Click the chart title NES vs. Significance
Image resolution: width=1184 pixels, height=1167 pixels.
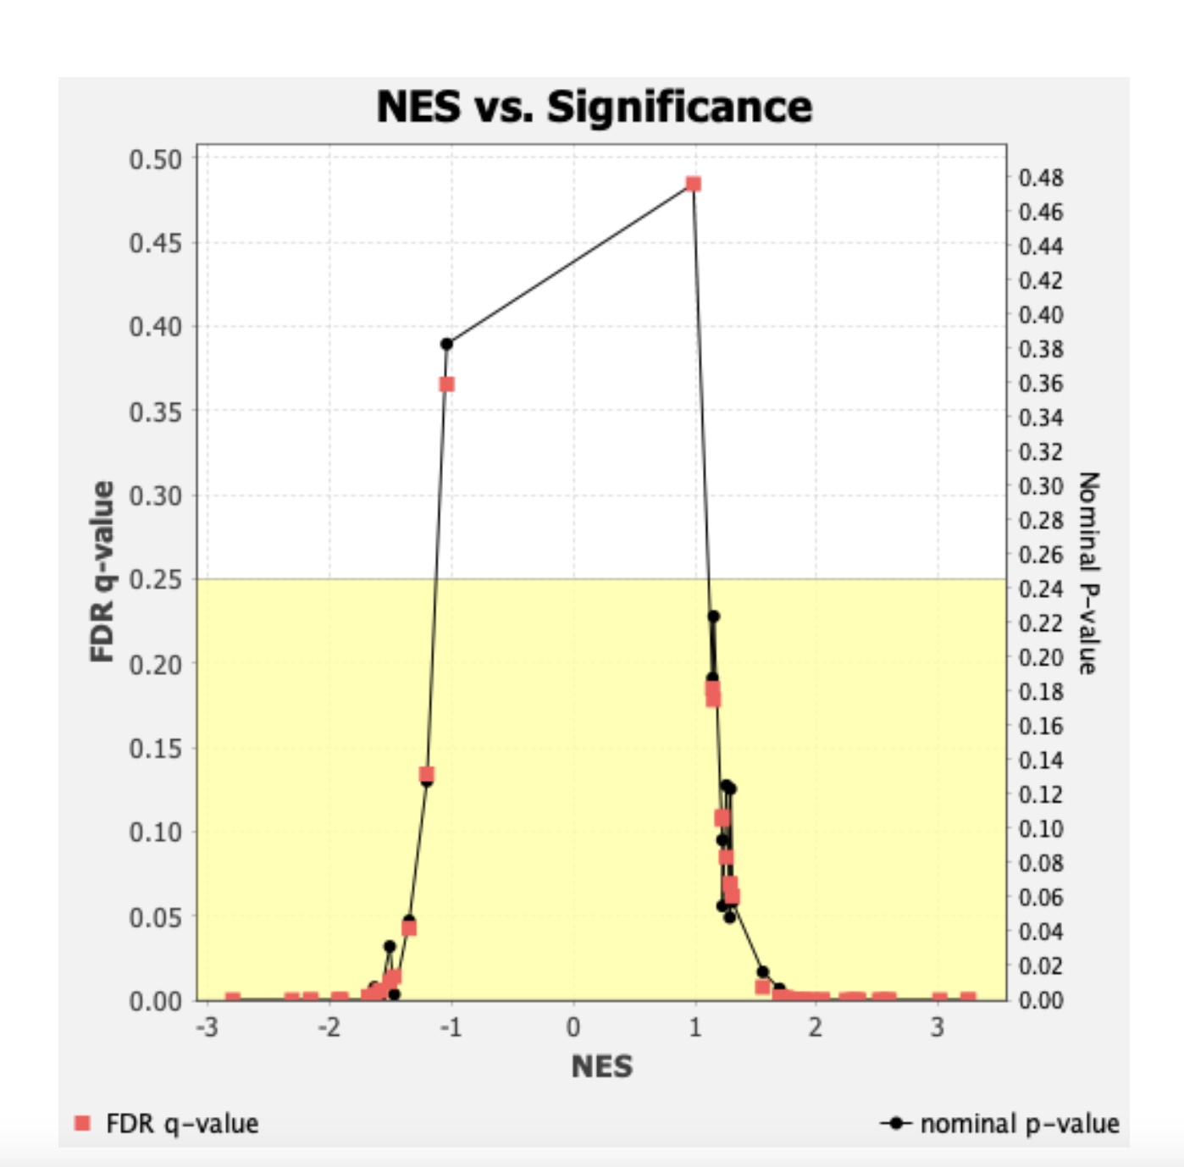click(594, 108)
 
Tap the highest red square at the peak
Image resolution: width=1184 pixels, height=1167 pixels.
click(694, 184)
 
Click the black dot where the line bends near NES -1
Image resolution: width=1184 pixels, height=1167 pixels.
click(446, 344)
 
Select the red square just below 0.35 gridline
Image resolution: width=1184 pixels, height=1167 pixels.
click(446, 384)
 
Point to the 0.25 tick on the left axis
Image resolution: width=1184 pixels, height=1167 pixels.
click(155, 580)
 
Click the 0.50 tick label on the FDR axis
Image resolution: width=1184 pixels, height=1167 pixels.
click(155, 159)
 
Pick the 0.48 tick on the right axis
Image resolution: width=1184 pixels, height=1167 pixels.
click(1041, 178)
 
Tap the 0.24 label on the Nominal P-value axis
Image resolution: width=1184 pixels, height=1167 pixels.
click(1041, 589)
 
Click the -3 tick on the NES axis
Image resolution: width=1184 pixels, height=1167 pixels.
click(207, 1027)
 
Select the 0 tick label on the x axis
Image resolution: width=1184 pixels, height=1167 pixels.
click(573, 1027)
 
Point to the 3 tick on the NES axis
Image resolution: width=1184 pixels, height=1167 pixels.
click(938, 1027)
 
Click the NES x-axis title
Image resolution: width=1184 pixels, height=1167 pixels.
click(601, 1066)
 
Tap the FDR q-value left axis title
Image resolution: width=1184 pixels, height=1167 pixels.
click(102, 572)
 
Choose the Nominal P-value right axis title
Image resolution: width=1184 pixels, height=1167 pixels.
click(1088, 573)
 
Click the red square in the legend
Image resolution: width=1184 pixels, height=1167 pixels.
click(82, 1123)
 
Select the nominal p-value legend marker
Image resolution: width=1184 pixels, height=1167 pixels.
click(896, 1123)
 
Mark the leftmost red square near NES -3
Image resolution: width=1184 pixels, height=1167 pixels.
click(233, 999)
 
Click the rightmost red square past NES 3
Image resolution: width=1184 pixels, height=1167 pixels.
click(968, 999)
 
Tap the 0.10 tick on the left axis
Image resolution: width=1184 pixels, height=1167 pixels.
click(155, 832)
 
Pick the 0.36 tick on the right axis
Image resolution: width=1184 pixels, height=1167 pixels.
click(1041, 384)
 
